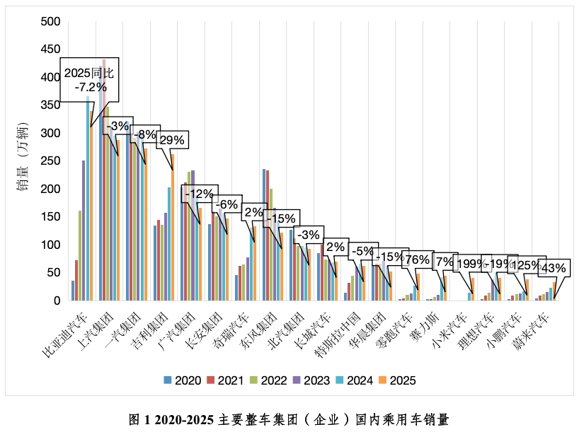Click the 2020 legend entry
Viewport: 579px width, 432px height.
[x=183, y=380]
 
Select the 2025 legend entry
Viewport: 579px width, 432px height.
[x=397, y=380]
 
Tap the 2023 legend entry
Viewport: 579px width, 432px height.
[x=311, y=380]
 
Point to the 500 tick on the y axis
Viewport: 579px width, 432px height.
[x=50, y=22]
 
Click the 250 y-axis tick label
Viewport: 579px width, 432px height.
[x=50, y=160]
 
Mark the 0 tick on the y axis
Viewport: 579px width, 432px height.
[x=57, y=300]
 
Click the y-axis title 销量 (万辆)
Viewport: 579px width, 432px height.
[x=23, y=158]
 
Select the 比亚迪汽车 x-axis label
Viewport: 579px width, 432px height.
[x=65, y=334]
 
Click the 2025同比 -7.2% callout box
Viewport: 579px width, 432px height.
[x=89, y=80]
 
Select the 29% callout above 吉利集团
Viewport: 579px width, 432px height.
[x=173, y=140]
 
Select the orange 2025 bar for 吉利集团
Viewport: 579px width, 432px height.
[x=173, y=227]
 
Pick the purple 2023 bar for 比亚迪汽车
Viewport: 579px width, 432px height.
[x=84, y=230]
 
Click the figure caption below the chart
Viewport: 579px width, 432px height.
[x=289, y=420]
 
